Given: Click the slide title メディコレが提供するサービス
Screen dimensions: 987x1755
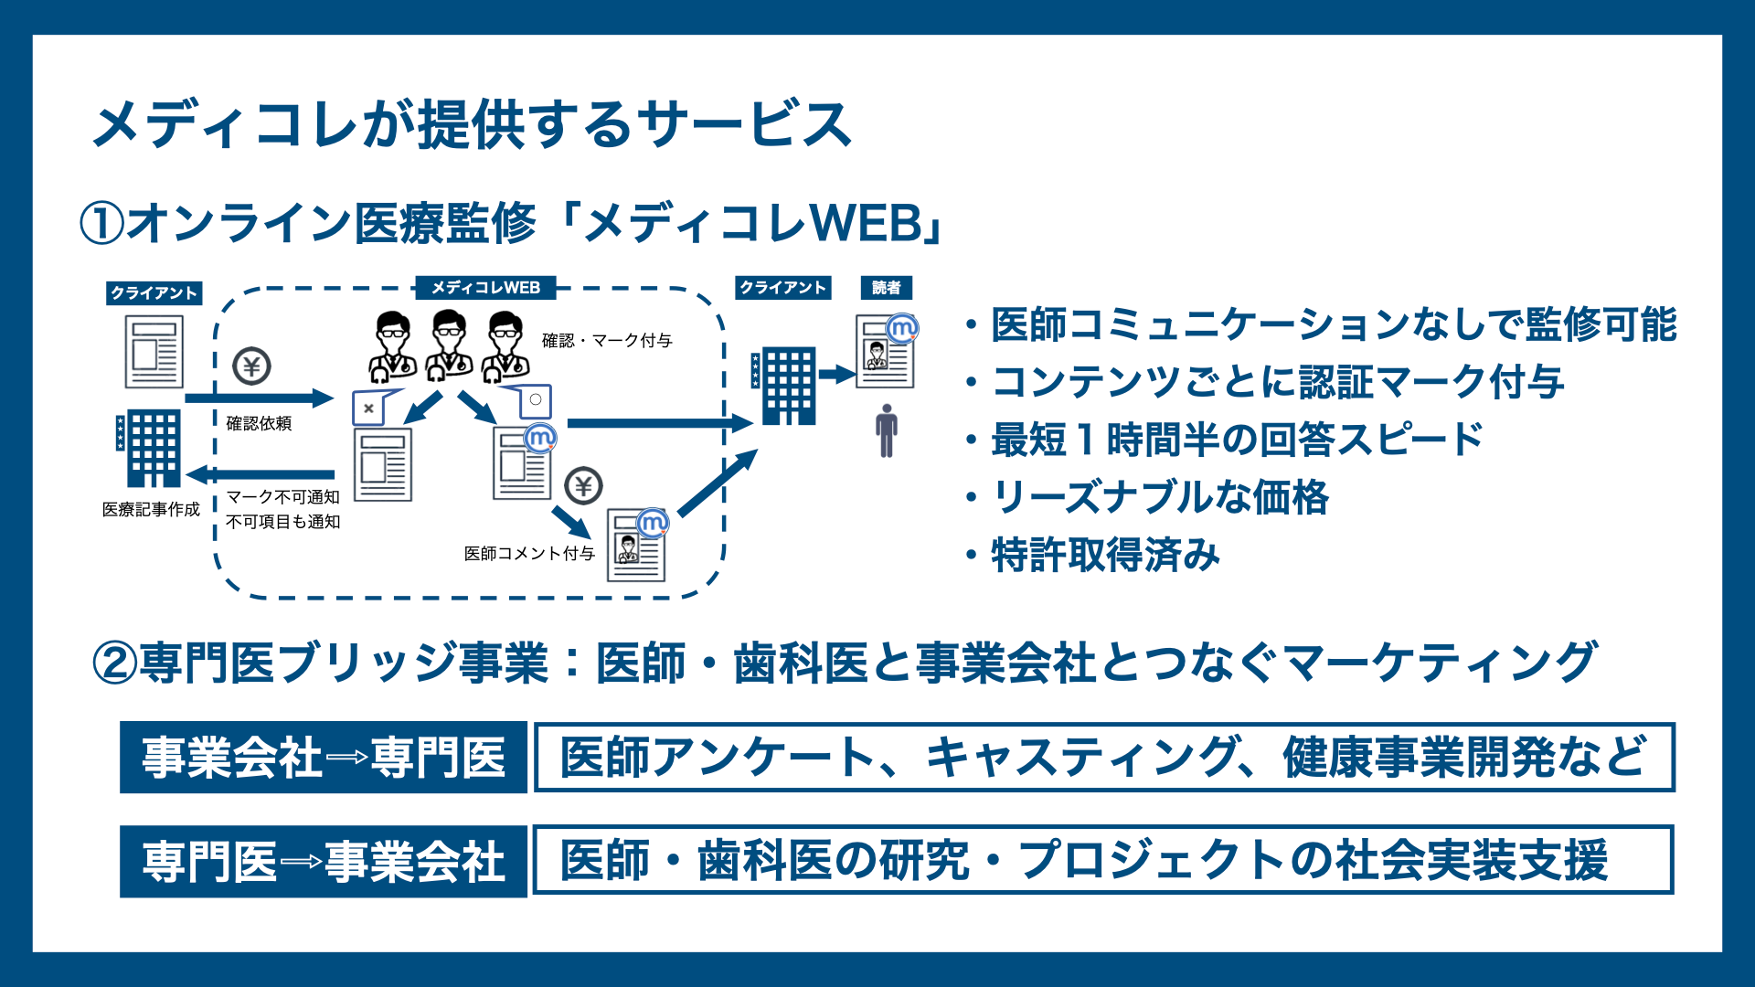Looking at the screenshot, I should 472,124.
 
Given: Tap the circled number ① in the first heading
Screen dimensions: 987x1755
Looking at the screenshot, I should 101,224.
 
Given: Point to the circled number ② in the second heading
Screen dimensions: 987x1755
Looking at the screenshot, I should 115,663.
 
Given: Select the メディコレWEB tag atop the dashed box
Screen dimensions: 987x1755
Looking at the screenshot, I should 485,288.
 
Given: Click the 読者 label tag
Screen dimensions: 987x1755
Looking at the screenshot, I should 886,288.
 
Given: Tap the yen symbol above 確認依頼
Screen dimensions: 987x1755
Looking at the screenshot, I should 251,366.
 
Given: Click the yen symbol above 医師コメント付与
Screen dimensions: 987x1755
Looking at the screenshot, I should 583,486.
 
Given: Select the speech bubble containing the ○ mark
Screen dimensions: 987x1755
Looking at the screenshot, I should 534,400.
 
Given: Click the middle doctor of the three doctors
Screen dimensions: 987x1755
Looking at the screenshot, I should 449,345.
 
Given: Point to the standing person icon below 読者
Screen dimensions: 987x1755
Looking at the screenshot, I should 886,430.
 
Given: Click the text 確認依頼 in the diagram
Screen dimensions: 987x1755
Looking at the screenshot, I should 259,423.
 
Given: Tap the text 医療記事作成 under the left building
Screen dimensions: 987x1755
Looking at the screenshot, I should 151,509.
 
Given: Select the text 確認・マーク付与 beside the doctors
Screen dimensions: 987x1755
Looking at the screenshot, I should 607,341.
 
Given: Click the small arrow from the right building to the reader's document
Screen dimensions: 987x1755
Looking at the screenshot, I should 835,374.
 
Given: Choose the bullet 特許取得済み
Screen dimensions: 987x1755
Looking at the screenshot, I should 1105,555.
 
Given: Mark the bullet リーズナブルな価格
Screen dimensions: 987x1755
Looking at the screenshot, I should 1160,497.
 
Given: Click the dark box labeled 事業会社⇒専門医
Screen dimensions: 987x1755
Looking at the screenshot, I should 324,758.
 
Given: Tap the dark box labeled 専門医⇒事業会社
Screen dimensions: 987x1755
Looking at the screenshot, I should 324,861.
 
